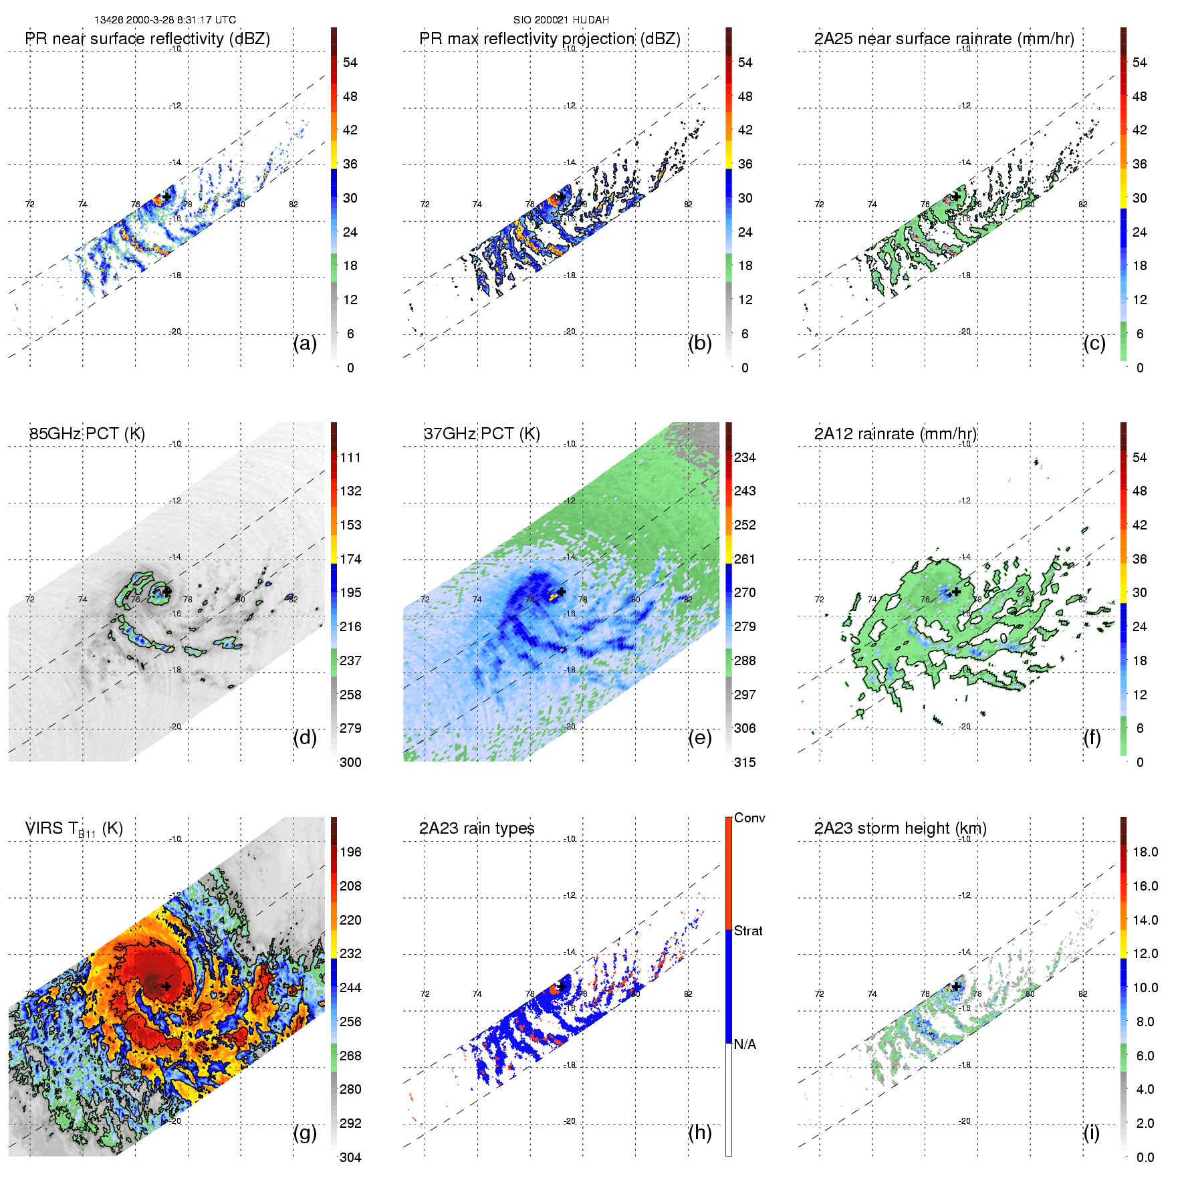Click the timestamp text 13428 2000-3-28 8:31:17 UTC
[164, 20]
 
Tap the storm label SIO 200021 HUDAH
[561, 20]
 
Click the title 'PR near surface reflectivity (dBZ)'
[147, 39]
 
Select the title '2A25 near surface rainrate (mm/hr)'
[943, 39]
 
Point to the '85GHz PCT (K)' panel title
[87, 434]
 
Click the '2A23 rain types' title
[476, 828]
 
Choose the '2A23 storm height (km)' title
[900, 828]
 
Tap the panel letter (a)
[305, 343]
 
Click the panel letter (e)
[699, 737]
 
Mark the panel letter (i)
[1091, 1133]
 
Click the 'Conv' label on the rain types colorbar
[749, 818]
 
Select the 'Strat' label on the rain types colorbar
[748, 931]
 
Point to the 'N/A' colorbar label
[745, 1044]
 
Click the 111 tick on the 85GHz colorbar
[350, 457]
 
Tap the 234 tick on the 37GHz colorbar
[745, 457]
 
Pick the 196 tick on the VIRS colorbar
[350, 852]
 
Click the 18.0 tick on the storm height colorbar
[1145, 852]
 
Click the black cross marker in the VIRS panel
[166, 986]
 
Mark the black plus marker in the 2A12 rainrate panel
[956, 592]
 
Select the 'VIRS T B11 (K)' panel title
[74, 829]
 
